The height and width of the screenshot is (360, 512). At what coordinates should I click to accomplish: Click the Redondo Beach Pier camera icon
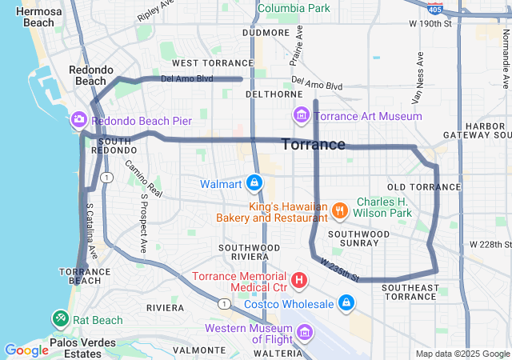click(x=78, y=120)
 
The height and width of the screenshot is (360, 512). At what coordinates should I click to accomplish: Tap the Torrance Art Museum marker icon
click(x=302, y=116)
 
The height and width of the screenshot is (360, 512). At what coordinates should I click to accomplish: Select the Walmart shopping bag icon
click(x=254, y=184)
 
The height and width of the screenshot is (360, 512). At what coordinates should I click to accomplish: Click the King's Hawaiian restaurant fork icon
click(x=339, y=210)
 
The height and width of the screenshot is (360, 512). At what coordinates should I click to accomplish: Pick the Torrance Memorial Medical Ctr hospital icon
click(x=298, y=280)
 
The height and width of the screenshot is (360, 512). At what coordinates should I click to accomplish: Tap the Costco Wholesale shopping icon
click(x=346, y=303)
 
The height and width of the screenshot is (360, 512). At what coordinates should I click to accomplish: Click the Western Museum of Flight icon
click(x=303, y=333)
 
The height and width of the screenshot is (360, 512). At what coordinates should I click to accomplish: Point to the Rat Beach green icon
click(x=61, y=319)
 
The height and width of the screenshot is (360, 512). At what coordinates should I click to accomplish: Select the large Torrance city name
click(x=314, y=145)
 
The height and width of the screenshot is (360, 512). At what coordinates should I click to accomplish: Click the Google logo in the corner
click(x=26, y=350)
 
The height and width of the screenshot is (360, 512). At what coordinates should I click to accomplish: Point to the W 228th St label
click(x=490, y=244)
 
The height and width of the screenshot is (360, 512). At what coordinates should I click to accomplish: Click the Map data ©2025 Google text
click(x=462, y=354)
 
